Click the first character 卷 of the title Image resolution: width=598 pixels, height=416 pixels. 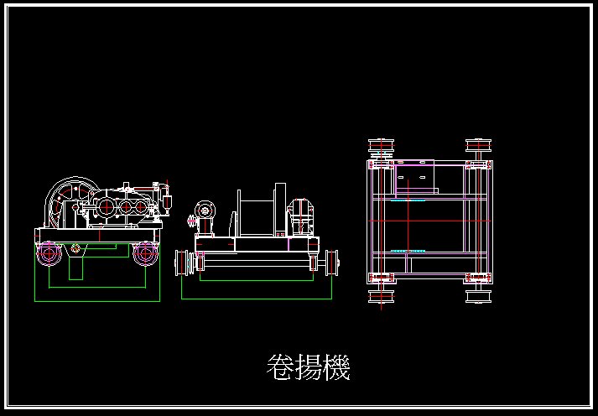click(279, 367)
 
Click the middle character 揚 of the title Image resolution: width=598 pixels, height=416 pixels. click(308, 367)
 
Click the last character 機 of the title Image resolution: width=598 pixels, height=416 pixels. click(335, 367)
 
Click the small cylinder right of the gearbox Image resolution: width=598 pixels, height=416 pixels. click(166, 201)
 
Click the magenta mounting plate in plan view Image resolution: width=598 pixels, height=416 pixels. click(416, 179)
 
